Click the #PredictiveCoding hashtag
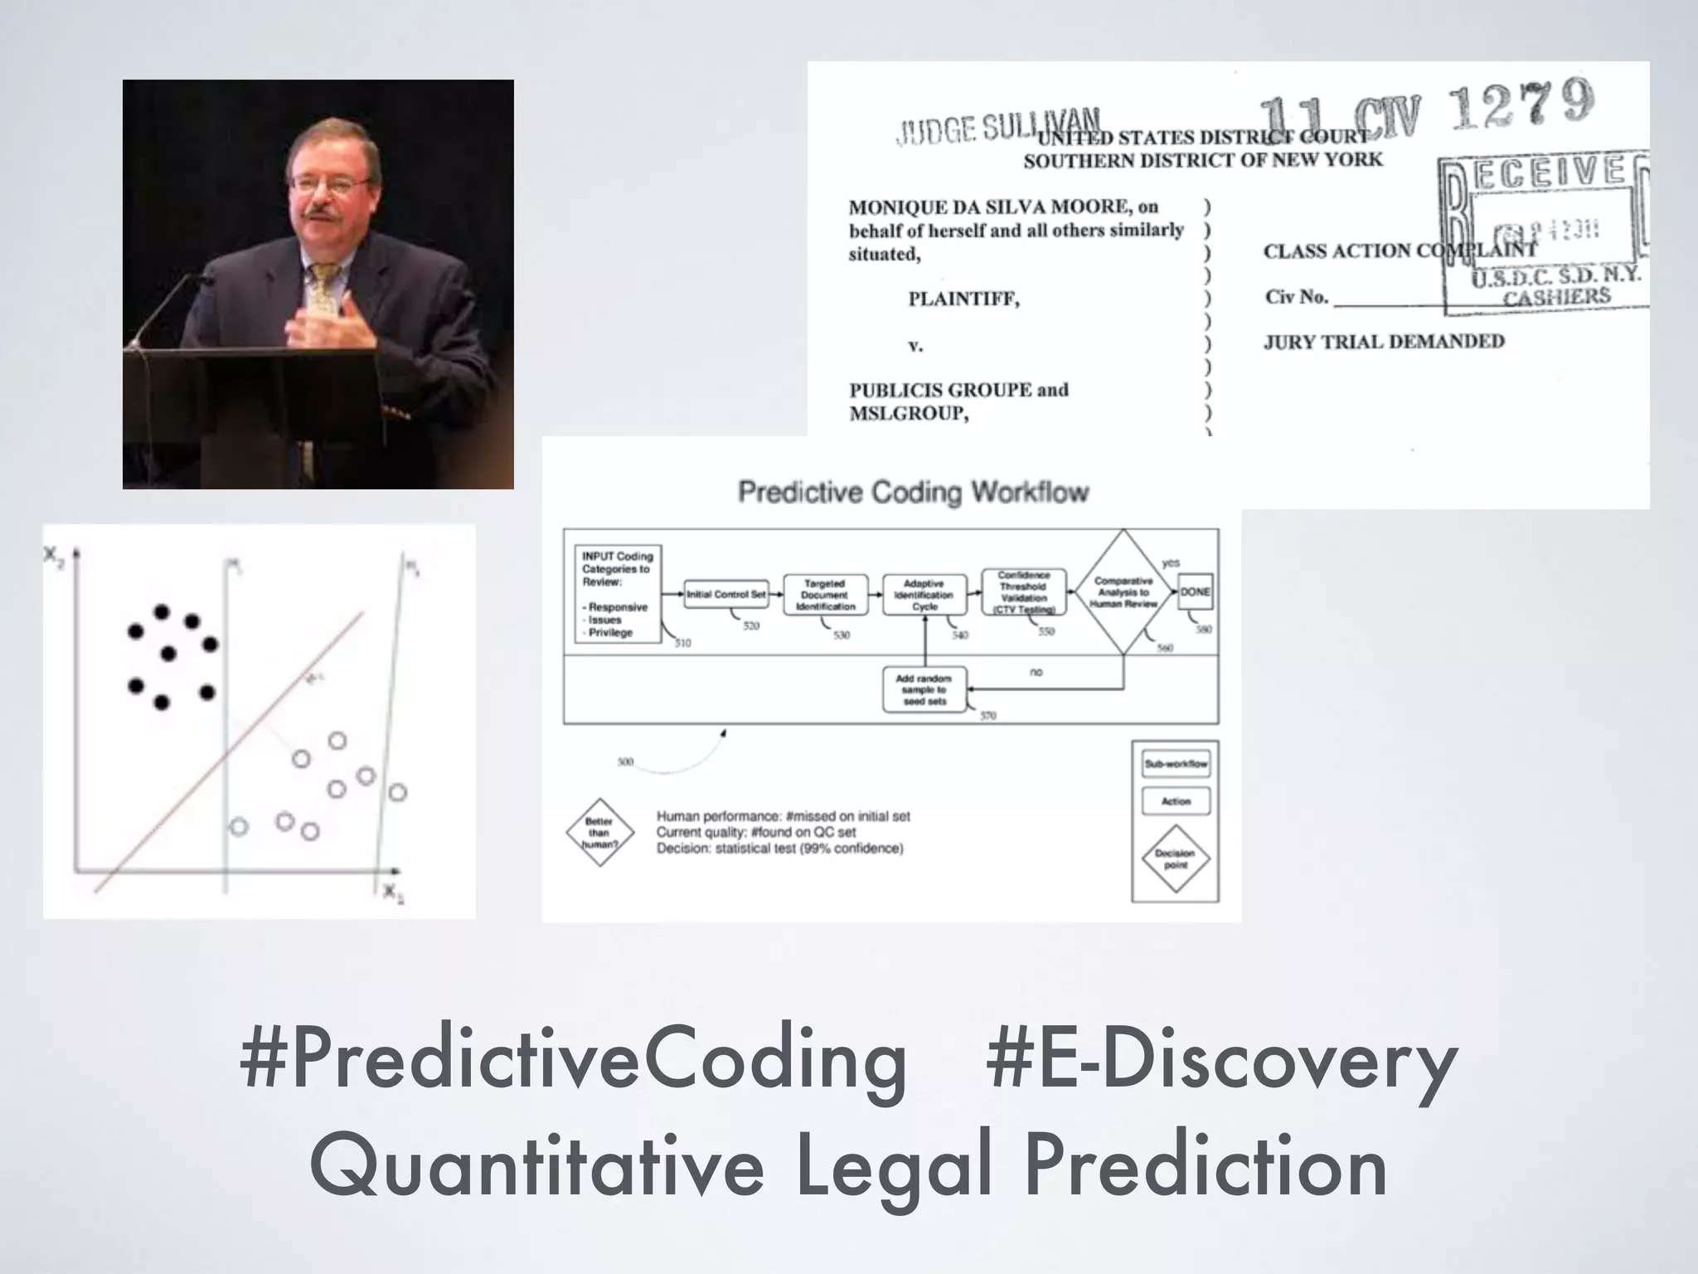click(573, 1061)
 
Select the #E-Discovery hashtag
click(1221, 1061)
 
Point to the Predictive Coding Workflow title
click(913, 492)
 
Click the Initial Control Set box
click(726, 594)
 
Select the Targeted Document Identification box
click(825, 595)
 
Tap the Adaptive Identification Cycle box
click(924, 595)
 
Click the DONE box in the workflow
click(1195, 591)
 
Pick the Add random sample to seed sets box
click(924, 690)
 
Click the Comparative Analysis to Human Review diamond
click(1123, 592)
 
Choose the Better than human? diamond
click(599, 833)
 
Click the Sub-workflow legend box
click(1176, 764)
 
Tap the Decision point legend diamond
click(1176, 858)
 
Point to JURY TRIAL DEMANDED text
click(1384, 342)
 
